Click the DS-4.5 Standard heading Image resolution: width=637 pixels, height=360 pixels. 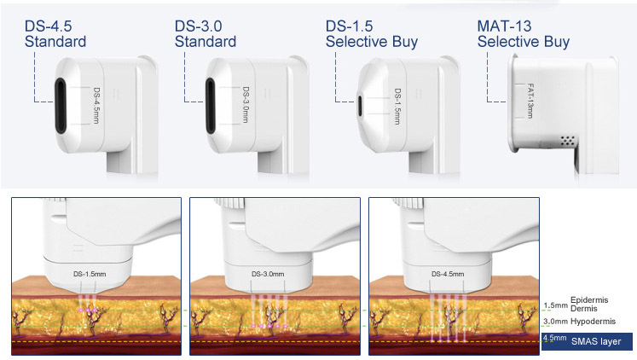(55, 32)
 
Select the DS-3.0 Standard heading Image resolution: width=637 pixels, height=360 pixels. (205, 32)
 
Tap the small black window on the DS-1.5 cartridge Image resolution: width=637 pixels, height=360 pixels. (362, 107)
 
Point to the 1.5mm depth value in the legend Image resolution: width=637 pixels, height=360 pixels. (555, 305)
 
